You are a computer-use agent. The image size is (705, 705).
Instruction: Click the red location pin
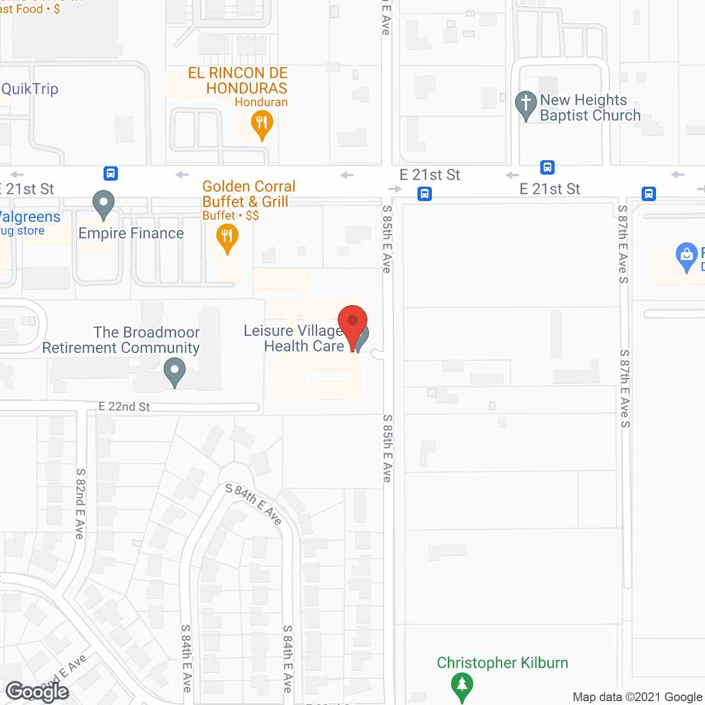(x=352, y=322)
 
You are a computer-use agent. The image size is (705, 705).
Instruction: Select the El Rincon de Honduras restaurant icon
(x=262, y=123)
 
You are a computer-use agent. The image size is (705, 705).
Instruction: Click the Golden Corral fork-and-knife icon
(x=227, y=238)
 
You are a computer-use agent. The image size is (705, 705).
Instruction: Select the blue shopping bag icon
(x=686, y=256)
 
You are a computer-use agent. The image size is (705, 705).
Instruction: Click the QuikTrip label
(x=30, y=89)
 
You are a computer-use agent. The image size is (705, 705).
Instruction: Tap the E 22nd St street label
(x=124, y=406)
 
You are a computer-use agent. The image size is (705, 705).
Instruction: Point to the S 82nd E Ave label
(x=80, y=503)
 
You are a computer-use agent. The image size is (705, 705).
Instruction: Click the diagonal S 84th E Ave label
(x=254, y=504)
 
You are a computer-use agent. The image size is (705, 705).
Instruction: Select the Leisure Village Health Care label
(x=294, y=338)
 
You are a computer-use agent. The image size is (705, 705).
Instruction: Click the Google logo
(x=37, y=692)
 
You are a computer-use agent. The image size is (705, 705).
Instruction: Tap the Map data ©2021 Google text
(x=637, y=697)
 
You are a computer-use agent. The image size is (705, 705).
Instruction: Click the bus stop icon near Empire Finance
(x=111, y=173)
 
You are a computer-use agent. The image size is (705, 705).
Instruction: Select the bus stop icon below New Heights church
(x=547, y=167)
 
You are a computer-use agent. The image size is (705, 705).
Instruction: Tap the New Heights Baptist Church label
(x=590, y=107)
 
